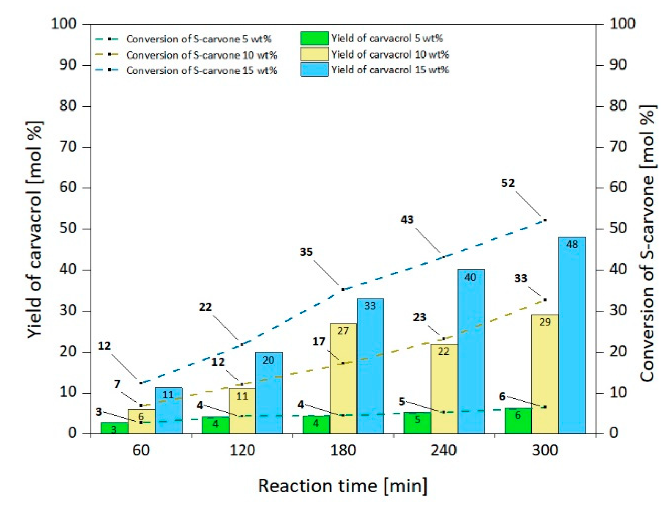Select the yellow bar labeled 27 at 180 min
[x=343, y=379]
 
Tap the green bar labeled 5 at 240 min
[x=417, y=423]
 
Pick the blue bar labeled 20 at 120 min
[x=269, y=393]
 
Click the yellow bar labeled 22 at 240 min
[x=444, y=389]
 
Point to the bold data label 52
[x=508, y=183]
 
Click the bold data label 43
[x=407, y=220]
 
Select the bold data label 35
[x=306, y=252]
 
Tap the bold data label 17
[x=319, y=342]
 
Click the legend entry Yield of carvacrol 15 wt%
[x=390, y=70]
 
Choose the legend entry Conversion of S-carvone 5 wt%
[x=199, y=39]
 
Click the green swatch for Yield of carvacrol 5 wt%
[x=314, y=39]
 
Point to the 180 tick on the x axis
[x=343, y=450]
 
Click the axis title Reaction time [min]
[x=343, y=486]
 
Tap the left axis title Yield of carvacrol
[x=35, y=229]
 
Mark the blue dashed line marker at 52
[x=545, y=220]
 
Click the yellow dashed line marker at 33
[x=545, y=300]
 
